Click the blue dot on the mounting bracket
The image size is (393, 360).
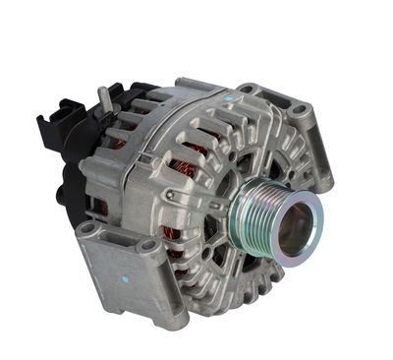pyautogui.click(x=126, y=277)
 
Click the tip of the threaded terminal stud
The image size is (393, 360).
pyautogui.click(x=100, y=91)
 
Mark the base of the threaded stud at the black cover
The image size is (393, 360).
pyautogui.click(x=104, y=110)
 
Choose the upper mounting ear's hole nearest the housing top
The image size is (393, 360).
pyautogui.click(x=246, y=90)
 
